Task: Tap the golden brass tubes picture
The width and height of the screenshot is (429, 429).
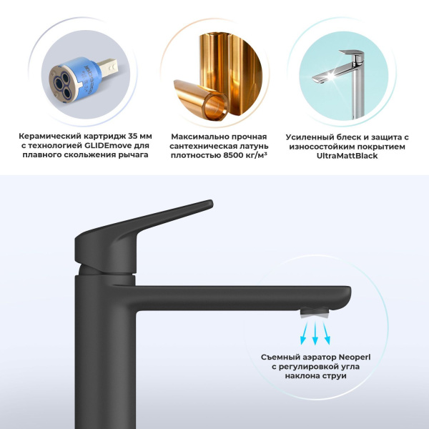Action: [214, 69]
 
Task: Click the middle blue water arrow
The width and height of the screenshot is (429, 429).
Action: [315, 333]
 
